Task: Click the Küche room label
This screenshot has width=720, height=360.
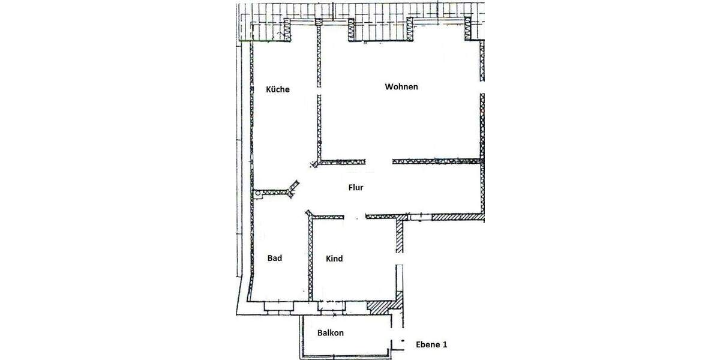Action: click(277, 89)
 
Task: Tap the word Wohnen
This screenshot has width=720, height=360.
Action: click(401, 86)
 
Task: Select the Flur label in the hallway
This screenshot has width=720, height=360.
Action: click(356, 187)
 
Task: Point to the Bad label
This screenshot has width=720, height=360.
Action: click(274, 259)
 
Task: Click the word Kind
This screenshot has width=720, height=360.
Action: click(334, 259)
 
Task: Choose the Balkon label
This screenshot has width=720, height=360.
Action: click(331, 333)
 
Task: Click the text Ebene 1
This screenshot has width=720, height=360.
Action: click(431, 345)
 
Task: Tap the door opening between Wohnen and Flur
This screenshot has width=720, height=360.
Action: click(379, 161)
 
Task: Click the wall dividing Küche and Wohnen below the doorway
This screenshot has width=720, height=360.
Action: click(318, 126)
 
